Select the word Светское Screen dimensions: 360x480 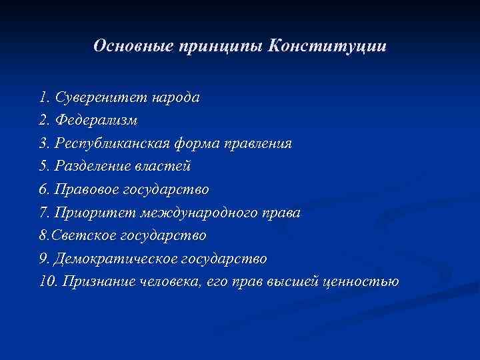[84, 235]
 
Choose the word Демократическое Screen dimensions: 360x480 [119, 258]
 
